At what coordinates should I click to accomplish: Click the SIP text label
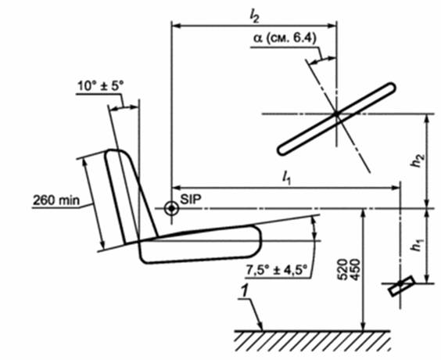191,200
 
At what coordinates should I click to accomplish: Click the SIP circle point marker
171,209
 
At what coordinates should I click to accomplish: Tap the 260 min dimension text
56,200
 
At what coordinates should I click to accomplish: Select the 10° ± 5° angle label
100,86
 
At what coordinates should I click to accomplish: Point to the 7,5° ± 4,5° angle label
277,270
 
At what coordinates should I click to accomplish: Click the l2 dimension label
254,17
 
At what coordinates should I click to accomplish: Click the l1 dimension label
286,178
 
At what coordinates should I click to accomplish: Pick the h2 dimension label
418,160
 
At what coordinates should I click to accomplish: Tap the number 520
342,270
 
